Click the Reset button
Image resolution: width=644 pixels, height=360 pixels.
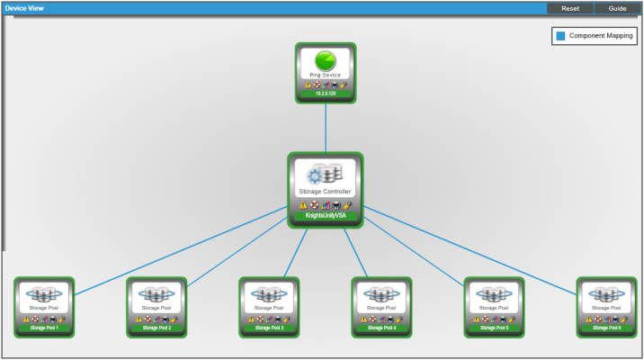(x=569, y=8)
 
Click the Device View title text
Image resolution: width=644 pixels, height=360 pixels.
(x=25, y=8)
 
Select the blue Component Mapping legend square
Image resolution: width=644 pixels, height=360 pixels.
(x=560, y=36)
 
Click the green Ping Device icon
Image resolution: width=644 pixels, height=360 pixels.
(x=326, y=60)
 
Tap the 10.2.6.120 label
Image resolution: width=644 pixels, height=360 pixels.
(x=326, y=94)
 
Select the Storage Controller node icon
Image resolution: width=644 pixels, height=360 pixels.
(x=325, y=175)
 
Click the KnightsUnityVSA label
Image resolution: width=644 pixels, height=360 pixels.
(x=326, y=216)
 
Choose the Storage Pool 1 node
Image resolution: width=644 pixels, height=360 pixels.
(x=44, y=306)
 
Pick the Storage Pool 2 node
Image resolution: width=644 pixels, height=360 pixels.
(x=157, y=306)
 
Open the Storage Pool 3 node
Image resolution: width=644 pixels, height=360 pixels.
(x=269, y=306)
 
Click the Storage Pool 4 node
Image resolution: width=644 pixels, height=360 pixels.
(x=381, y=306)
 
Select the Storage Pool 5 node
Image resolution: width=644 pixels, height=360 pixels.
(x=494, y=306)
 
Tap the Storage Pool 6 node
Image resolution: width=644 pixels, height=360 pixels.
(x=606, y=306)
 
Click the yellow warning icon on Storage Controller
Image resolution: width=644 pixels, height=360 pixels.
(x=303, y=204)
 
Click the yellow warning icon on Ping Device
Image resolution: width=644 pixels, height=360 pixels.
(x=308, y=85)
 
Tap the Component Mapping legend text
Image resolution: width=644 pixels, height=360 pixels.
(x=601, y=36)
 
